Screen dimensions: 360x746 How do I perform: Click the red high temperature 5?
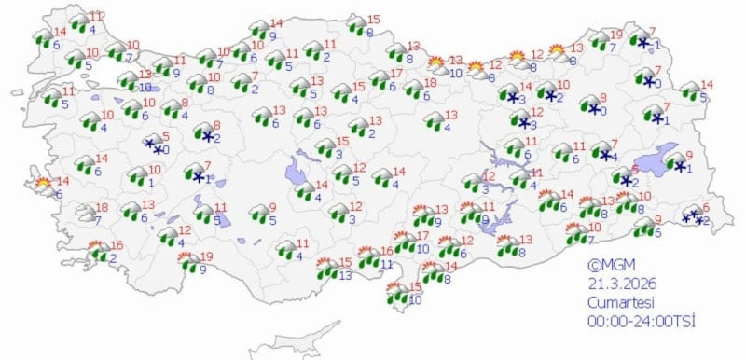pyautogui.click(x=165, y=136)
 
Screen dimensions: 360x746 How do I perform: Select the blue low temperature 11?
pyautogui.click(x=387, y=264)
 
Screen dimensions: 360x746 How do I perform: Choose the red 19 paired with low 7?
pyautogui.click(x=615, y=35)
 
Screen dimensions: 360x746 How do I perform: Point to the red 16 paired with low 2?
pyautogui.click(x=116, y=245)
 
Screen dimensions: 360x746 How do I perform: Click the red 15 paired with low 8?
pyautogui.click(x=374, y=20)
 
